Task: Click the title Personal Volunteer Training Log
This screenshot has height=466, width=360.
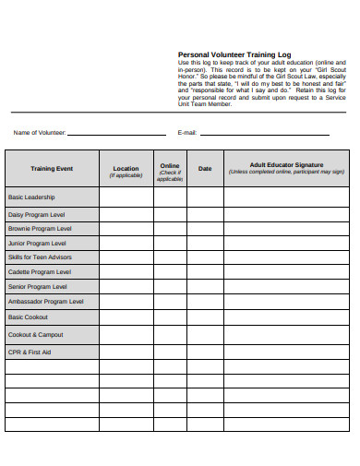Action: click(x=234, y=54)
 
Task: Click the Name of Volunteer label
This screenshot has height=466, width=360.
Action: click(x=39, y=133)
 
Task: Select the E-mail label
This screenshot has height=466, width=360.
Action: click(x=186, y=133)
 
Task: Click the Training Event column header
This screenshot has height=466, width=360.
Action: click(x=52, y=169)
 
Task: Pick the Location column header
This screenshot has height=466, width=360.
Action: click(x=126, y=170)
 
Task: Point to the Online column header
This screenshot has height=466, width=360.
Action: click(x=170, y=170)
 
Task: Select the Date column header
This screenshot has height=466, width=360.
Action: click(x=205, y=169)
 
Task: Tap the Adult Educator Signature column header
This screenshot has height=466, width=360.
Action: click(x=286, y=168)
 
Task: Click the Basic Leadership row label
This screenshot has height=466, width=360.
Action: click(x=31, y=197)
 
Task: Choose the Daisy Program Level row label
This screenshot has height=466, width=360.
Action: click(x=37, y=214)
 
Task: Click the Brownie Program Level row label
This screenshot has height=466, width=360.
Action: click(x=40, y=229)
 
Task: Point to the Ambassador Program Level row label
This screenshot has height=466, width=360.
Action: click(x=46, y=301)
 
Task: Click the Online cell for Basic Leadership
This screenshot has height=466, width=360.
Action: click(x=170, y=197)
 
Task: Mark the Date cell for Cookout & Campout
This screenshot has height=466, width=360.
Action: click(x=205, y=334)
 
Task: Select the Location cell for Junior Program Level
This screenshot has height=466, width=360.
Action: click(x=126, y=244)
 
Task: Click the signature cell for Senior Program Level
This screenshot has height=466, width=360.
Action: click(x=286, y=287)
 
